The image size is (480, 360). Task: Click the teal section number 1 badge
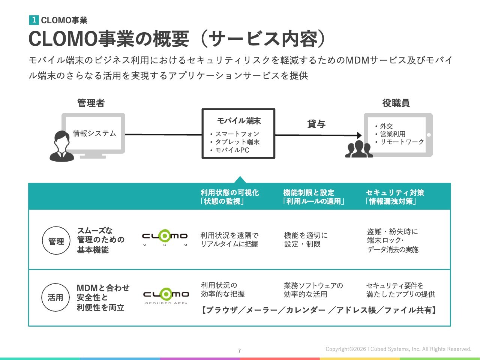click(34, 20)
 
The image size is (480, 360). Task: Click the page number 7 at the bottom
click(239, 351)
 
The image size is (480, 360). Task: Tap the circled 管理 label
click(56, 241)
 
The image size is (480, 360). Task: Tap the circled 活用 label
click(55, 297)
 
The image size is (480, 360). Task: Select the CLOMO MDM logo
click(165, 237)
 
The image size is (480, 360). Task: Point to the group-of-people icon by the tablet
click(359, 149)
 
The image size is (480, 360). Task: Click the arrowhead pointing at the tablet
click(359, 135)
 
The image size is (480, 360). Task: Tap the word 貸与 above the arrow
click(316, 124)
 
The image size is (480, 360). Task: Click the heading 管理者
click(91, 103)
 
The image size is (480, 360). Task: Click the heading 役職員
click(396, 103)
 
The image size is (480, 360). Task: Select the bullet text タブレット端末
click(237, 142)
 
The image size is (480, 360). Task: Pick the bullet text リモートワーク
click(402, 142)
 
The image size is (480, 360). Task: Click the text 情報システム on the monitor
click(94, 133)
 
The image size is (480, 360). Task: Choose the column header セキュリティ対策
click(395, 192)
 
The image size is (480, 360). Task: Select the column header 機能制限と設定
click(309, 192)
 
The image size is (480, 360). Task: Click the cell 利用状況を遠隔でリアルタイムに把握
click(229, 240)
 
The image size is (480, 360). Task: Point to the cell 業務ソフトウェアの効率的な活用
click(313, 290)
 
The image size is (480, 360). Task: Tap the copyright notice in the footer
click(398, 349)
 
